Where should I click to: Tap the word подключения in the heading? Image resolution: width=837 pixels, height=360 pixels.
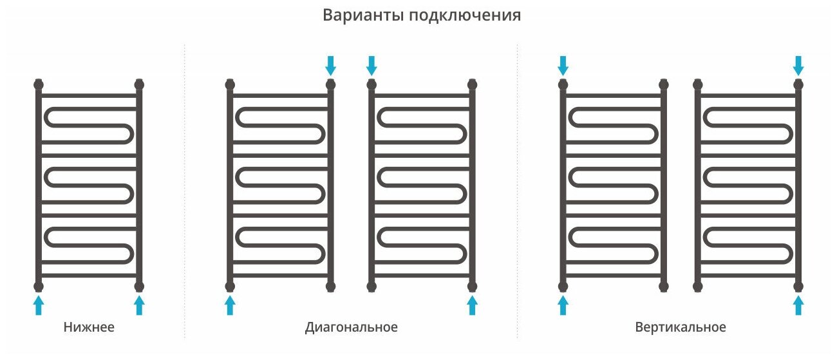point(464,16)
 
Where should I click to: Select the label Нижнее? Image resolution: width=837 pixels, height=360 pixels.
point(89,327)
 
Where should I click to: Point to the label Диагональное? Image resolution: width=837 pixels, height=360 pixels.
point(351,327)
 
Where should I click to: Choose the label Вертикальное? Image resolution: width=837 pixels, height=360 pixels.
point(680,327)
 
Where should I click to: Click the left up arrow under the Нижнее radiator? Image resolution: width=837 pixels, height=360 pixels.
point(39,305)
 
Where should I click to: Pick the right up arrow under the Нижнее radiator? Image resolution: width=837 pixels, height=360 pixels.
point(139,305)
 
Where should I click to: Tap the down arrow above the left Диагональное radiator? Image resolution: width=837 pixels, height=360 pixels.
point(331,65)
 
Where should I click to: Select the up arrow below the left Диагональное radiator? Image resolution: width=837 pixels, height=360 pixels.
point(230,305)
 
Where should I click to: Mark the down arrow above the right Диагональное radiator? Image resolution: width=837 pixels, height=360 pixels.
point(371,65)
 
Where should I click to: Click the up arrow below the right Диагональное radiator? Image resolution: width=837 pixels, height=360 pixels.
point(473,305)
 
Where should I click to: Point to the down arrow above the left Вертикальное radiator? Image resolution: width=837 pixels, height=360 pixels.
point(563,65)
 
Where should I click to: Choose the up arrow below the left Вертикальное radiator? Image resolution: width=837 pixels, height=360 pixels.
point(563,305)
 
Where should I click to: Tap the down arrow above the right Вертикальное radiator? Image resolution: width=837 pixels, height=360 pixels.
point(799,65)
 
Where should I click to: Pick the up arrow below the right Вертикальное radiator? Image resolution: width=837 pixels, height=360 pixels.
point(799,305)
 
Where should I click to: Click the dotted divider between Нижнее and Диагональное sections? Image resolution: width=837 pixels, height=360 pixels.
point(185,193)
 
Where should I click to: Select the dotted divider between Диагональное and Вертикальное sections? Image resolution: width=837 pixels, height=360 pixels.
point(517,193)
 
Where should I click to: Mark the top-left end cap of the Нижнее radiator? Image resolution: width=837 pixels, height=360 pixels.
point(39,84)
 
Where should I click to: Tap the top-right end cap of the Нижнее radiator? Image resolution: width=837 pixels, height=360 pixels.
point(139,84)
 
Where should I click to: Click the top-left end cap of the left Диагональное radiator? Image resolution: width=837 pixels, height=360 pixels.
point(230,84)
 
